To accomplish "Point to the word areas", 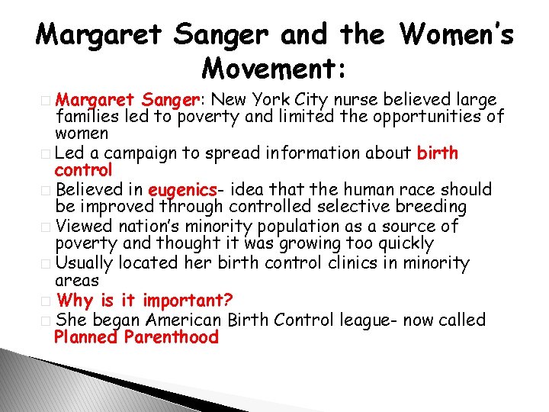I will click(76, 282).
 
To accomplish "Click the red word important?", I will click(188, 300).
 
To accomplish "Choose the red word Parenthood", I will click(172, 337).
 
